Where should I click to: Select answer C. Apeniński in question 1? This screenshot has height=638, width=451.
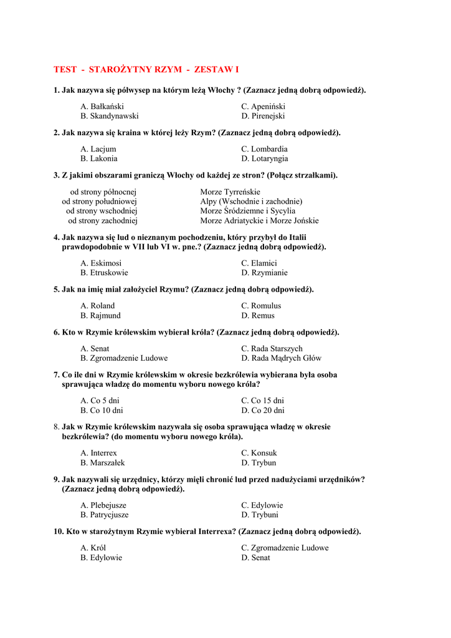point(263,107)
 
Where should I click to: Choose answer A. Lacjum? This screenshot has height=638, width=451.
point(98,149)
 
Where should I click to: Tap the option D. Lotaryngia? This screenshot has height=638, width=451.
point(265,158)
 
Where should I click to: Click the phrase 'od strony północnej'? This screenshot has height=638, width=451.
point(103,192)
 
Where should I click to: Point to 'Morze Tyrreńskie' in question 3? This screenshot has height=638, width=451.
point(230,192)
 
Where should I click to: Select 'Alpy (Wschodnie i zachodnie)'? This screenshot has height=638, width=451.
point(251,201)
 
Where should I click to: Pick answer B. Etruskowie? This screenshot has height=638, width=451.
point(104,272)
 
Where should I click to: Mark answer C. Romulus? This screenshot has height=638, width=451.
point(261,306)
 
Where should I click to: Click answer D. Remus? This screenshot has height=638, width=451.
point(258,315)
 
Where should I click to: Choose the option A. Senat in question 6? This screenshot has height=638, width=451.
point(95,348)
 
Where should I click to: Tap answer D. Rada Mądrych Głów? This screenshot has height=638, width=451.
point(282,358)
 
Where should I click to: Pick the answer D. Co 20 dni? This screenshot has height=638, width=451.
point(263,410)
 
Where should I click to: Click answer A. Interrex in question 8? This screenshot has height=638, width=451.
point(98,453)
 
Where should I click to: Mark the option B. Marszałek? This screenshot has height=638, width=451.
point(103,462)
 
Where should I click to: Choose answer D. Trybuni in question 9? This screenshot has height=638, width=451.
point(260,515)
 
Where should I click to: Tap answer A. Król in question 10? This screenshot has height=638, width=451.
point(93,548)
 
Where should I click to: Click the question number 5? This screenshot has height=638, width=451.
point(56,289)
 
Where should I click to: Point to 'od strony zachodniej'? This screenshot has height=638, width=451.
point(103,221)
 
